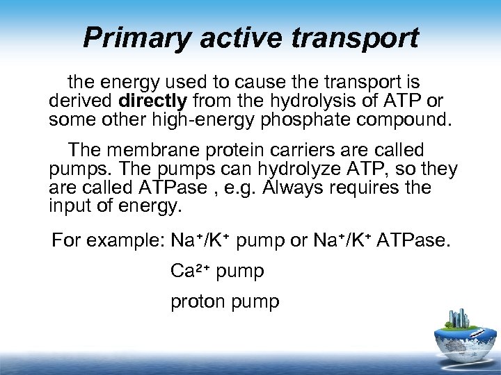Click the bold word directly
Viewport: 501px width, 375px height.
coord(157,101)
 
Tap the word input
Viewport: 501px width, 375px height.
coord(68,206)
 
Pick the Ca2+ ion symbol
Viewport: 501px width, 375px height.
coord(190,271)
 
